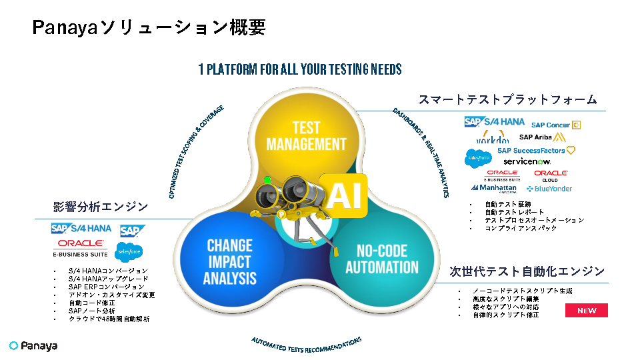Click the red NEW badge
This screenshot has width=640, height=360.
point(587,311)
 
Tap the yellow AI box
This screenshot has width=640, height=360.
point(343,195)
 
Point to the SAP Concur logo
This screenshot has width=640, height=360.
point(555,125)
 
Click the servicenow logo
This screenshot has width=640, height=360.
point(527,161)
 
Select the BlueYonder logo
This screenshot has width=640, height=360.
point(553,189)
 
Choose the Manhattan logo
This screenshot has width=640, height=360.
point(494,189)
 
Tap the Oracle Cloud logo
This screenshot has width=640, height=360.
point(551,175)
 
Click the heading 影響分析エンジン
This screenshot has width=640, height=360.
point(101,206)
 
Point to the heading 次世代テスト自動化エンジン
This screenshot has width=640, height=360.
point(527,271)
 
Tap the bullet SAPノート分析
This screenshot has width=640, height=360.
point(91,311)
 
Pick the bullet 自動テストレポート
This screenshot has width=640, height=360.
point(514,212)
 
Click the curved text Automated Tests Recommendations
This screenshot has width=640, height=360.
point(307,345)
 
